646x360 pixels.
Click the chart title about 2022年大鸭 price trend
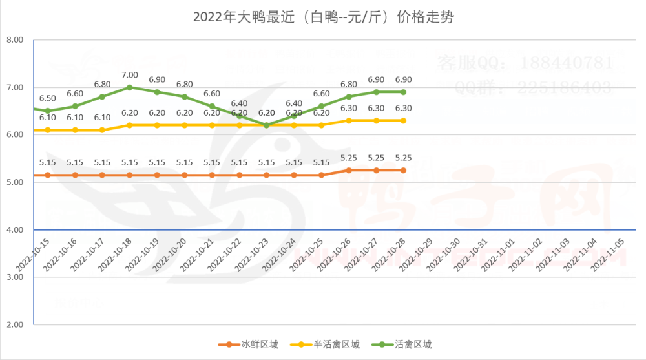[323, 17]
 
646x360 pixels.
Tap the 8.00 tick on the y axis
[15, 40]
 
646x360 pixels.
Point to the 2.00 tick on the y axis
[15, 324]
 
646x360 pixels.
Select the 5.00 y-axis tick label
[15, 182]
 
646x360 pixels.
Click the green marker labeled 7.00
[130, 87]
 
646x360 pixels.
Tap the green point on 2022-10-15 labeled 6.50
[47, 111]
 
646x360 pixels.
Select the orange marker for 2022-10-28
[403, 170]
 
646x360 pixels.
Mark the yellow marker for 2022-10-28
[403, 120]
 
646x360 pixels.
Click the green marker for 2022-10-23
[266, 125]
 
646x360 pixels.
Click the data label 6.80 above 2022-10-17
[102, 85]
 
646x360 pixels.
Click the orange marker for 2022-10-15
[47, 175]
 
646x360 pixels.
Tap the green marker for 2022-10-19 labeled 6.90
[157, 92]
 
